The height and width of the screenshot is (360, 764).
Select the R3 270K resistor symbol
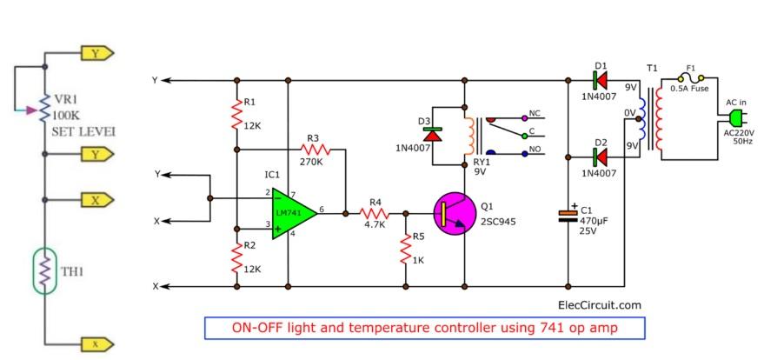coord(314,150)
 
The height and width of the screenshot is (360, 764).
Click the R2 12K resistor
coord(236,256)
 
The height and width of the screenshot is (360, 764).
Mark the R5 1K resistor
coord(405,249)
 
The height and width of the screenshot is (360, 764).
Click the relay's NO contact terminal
coord(523,152)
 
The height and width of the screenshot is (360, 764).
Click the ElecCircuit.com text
coord(599,304)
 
